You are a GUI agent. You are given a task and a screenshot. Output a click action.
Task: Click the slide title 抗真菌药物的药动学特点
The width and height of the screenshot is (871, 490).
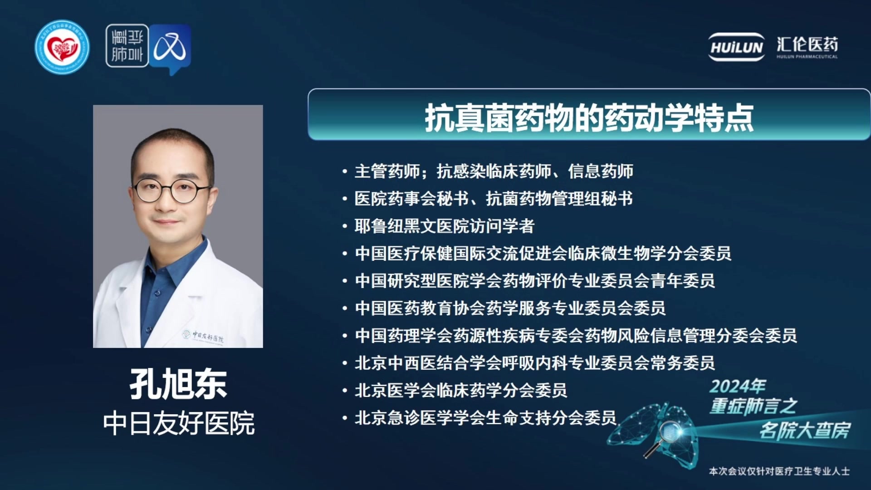coord(589,118)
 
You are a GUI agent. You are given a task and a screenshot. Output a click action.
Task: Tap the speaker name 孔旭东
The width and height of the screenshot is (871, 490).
coord(178,384)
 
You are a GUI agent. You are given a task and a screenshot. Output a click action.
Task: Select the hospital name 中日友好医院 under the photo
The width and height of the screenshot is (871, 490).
coord(179,423)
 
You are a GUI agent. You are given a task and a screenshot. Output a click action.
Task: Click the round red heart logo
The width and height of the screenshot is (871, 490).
coord(62,47)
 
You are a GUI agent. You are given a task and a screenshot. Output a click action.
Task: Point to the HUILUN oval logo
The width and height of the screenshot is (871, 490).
coord(737,47)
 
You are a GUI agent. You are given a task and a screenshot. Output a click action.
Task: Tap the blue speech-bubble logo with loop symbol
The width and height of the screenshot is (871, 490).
coord(170,49)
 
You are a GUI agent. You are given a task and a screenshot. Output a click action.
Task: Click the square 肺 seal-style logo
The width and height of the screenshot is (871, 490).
coord(127,46)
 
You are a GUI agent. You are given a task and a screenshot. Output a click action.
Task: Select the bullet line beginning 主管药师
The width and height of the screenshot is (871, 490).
coord(494,171)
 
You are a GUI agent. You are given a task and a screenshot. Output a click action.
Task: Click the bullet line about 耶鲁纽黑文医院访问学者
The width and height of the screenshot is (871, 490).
coord(444,226)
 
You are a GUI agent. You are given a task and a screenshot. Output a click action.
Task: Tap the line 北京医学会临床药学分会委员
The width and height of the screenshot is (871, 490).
coord(460,390)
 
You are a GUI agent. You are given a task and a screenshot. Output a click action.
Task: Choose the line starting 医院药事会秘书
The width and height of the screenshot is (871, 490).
coord(493,198)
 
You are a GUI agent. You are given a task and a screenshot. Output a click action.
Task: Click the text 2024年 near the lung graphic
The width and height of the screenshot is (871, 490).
coord(738,387)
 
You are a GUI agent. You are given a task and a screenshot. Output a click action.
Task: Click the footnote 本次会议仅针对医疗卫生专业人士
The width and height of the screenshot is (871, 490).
coord(779,471)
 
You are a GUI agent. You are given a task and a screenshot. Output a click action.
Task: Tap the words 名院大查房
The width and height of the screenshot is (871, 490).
coord(805,430)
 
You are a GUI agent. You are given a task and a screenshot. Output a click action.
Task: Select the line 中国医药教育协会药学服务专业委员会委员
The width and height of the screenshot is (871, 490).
coord(510,308)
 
